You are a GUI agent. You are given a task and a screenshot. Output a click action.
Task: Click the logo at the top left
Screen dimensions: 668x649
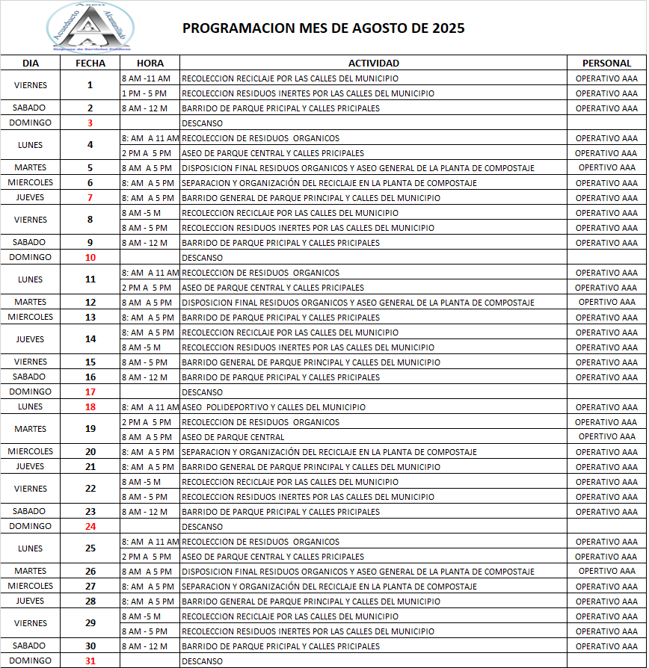[90, 27]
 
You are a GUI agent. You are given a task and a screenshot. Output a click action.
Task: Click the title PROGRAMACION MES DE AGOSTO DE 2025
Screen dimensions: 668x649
[324, 28]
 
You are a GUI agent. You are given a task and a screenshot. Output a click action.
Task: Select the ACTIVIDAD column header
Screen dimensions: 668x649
[374, 64]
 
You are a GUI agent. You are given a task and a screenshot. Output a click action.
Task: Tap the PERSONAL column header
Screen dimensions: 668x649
[606, 64]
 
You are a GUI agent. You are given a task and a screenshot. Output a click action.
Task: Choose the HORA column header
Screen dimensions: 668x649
[150, 64]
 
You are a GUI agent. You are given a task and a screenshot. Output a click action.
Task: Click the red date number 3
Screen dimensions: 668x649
[90, 123]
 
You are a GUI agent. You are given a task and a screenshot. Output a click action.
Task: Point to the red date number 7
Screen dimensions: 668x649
[90, 198]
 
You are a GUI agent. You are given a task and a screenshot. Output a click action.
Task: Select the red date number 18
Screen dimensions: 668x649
[90, 407]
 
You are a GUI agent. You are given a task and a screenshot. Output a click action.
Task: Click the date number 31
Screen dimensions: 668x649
[90, 661]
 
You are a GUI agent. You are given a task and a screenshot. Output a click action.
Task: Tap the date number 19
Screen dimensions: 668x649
[90, 430]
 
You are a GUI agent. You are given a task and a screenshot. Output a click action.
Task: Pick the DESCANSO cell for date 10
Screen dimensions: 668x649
[202, 258]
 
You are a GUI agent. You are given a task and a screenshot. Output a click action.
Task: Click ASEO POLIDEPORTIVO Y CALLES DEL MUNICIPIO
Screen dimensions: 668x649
[274, 407]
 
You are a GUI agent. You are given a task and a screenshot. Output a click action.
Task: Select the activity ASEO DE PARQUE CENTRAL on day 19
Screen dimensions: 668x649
[233, 437]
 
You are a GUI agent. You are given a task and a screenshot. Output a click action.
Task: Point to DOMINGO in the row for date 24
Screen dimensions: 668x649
[30, 526]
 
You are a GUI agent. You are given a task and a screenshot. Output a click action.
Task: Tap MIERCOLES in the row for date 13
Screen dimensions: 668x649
[30, 317]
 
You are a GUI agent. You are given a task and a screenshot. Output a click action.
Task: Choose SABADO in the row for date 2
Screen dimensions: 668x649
[30, 108]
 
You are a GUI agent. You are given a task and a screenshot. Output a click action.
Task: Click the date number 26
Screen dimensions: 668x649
[90, 572]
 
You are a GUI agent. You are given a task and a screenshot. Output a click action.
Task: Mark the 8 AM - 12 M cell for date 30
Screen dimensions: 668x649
[146, 646]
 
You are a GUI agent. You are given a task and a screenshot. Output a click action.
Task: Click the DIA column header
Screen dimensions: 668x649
[30, 64]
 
